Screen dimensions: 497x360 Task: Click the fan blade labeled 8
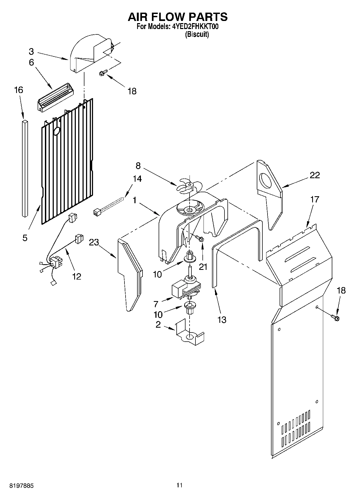point(189,185)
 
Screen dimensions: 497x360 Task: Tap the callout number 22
point(315,175)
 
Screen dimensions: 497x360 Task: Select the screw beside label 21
point(200,238)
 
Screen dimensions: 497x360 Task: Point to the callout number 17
point(315,199)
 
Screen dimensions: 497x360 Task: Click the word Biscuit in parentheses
point(197,34)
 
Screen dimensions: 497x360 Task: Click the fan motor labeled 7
point(186,289)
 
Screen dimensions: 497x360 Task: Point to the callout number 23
point(94,242)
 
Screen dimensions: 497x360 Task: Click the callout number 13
point(222,320)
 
